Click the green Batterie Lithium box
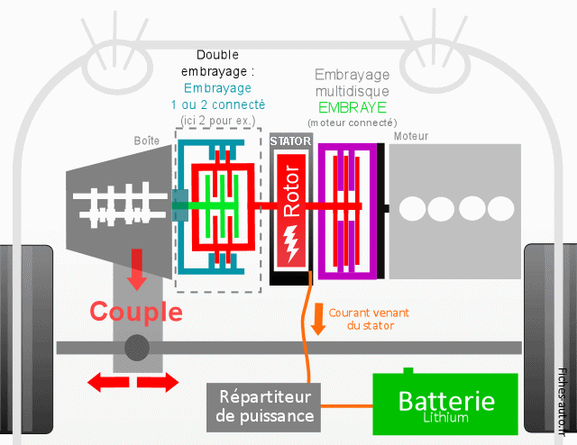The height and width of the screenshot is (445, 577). click(x=445, y=405)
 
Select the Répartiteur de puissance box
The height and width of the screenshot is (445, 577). click(x=266, y=406)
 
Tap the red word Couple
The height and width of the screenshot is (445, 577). click(x=136, y=312)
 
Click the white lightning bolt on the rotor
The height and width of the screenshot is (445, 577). click(x=290, y=243)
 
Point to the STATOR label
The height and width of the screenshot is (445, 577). click(x=290, y=141)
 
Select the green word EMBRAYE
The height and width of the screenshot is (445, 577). click(x=352, y=106)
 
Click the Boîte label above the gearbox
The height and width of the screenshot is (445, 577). click(x=147, y=141)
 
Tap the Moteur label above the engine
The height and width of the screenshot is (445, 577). click(x=411, y=137)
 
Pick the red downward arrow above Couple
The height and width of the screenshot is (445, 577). click(x=136, y=268)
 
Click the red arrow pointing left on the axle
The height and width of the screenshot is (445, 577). click(x=105, y=383)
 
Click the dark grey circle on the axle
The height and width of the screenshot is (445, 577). click(x=137, y=347)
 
